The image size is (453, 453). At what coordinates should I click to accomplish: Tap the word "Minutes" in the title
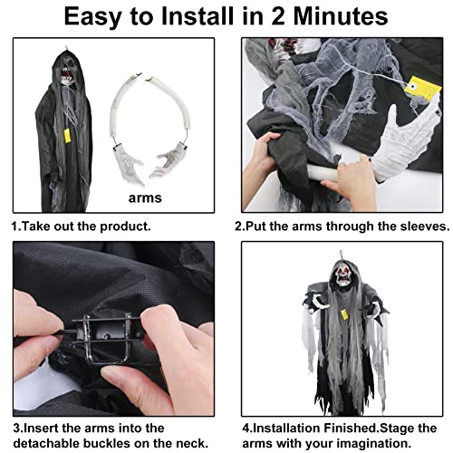point(333,17)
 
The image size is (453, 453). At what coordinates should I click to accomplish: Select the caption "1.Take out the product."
point(81,226)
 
